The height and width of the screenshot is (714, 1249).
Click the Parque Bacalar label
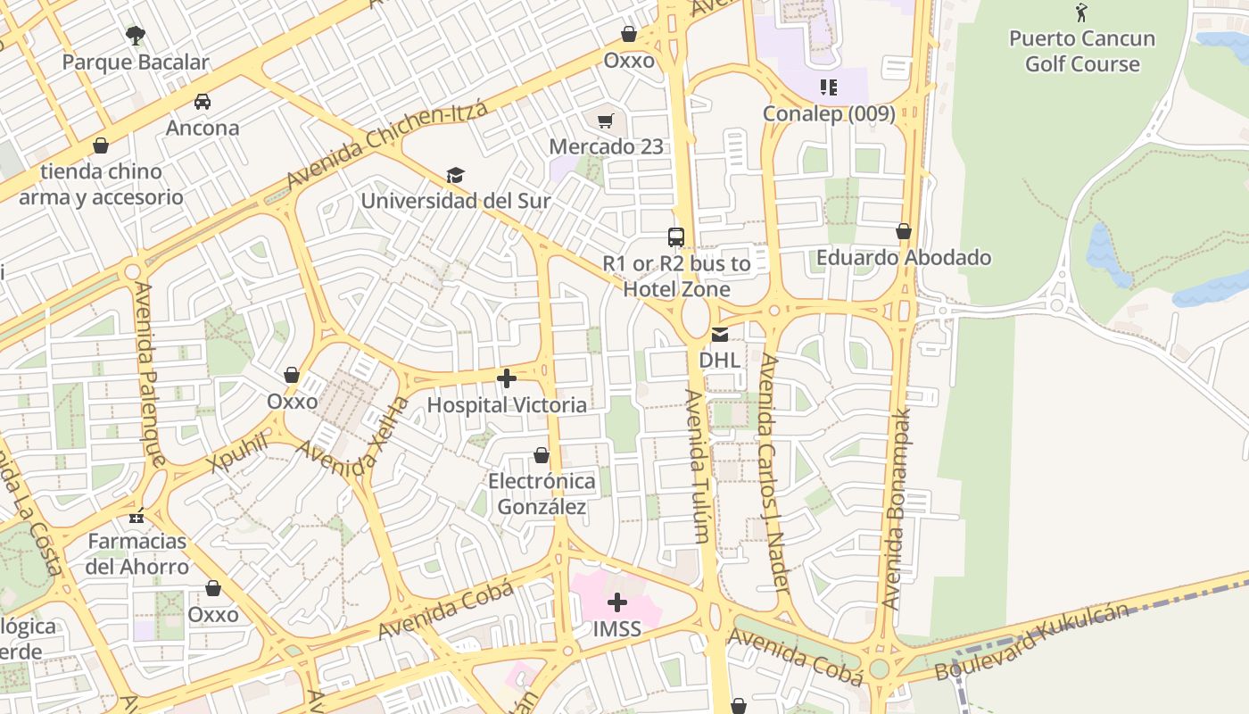tap(136, 62)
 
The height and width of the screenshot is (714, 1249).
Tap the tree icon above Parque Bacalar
tap(136, 36)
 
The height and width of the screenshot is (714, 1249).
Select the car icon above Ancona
tap(203, 102)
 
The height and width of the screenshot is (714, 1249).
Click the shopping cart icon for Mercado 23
tap(606, 120)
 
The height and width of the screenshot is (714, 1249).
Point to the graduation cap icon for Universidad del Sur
tap(455, 175)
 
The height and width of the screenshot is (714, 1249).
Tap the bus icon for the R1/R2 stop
tap(676, 237)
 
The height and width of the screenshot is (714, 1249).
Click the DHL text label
tap(719, 360)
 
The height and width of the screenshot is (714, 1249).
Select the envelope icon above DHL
tap(719, 335)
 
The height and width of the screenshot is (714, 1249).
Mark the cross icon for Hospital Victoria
tap(507, 379)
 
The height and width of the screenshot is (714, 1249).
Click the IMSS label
tap(617, 629)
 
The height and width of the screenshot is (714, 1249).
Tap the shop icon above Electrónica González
tap(541, 456)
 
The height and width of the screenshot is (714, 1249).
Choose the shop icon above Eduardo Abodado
tap(904, 232)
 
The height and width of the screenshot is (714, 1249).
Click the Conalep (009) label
tap(829, 114)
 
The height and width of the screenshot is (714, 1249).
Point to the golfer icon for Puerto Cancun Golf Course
tap(1081, 12)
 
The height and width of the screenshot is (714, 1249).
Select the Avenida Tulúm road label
tap(699, 466)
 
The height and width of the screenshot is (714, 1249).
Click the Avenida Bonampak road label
tap(898, 509)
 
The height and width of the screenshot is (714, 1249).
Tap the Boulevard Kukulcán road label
tap(1032, 641)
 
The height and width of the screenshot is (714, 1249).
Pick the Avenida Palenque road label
tap(149, 374)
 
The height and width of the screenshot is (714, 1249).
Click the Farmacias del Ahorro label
tap(137, 553)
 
